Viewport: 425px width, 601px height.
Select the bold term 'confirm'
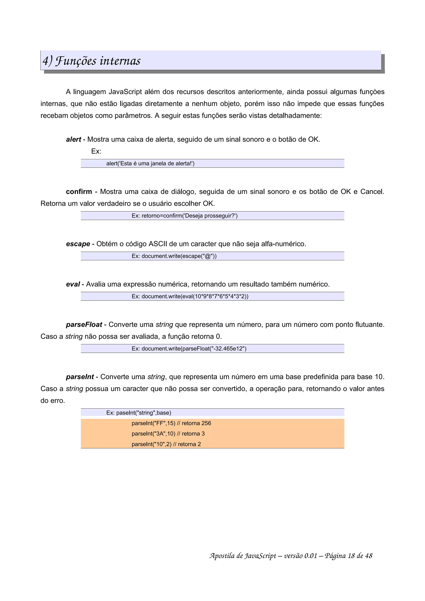pyautogui.click(x=79, y=192)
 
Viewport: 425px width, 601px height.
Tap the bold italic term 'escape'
pyautogui.click(x=78, y=244)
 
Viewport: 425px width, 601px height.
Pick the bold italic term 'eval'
pyautogui.click(x=73, y=284)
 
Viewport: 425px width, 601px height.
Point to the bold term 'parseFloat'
pyautogui.click(x=84, y=325)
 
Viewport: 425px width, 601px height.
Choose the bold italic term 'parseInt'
pyautogui.click(x=80, y=377)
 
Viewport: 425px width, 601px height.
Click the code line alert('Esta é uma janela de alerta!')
pyautogui.click(x=150, y=164)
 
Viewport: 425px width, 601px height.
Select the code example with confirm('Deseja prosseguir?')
pyautogui.click(x=184, y=216)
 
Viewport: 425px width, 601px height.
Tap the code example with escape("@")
pyautogui.click(x=174, y=256)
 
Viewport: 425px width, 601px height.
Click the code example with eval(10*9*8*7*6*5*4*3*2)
pyautogui.click(x=190, y=296)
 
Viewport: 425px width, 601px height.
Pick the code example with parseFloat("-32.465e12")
pyautogui.click(x=189, y=349)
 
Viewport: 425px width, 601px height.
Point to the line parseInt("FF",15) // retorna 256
pyautogui.click(x=171, y=423)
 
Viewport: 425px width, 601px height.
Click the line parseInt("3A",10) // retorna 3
pyautogui.click(x=168, y=434)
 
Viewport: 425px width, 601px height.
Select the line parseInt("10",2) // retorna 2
pyautogui.click(x=166, y=444)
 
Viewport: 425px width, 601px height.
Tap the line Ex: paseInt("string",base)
pyautogui.click(x=139, y=413)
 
